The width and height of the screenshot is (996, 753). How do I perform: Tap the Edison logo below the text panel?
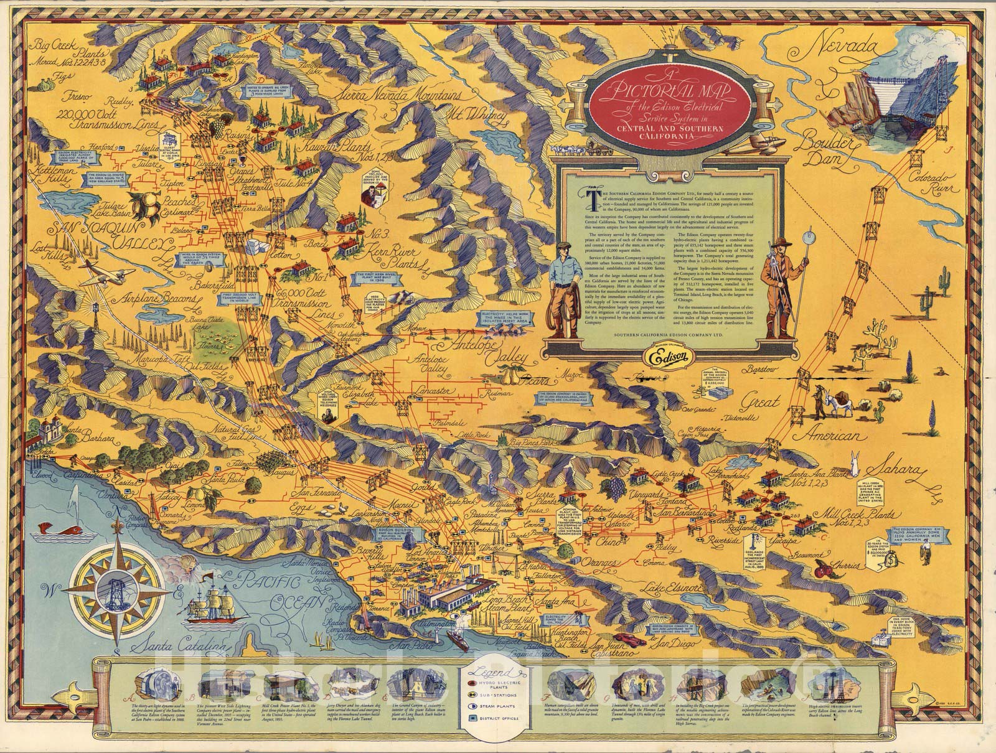pos(662,358)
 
